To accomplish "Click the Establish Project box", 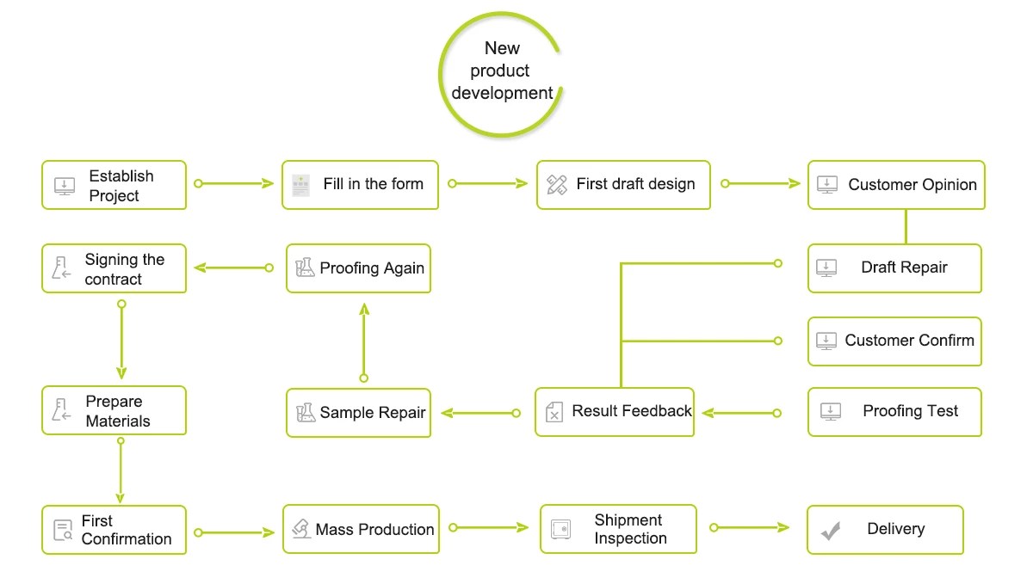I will click(114, 185).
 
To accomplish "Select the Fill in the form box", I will click(360, 185).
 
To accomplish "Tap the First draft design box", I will click(623, 185).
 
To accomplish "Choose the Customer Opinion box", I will click(896, 185).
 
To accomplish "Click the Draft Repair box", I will click(894, 268).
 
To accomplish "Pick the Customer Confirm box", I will click(894, 341).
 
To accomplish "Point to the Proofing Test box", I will click(894, 412).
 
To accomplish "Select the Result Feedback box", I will click(615, 412).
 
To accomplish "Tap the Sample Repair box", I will click(358, 413).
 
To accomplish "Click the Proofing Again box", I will click(358, 268).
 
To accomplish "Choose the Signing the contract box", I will click(114, 268).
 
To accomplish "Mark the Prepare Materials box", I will click(114, 410).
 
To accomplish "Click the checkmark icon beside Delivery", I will click(830, 531).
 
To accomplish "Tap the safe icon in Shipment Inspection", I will click(560, 530).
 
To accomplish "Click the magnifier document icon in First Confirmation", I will click(63, 531).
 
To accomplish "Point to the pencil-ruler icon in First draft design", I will click(557, 184).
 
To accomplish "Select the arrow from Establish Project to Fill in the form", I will click(233, 183).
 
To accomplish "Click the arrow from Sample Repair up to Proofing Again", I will click(363, 340).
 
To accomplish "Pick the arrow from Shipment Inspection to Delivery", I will click(749, 526).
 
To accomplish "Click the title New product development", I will click(502, 71).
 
